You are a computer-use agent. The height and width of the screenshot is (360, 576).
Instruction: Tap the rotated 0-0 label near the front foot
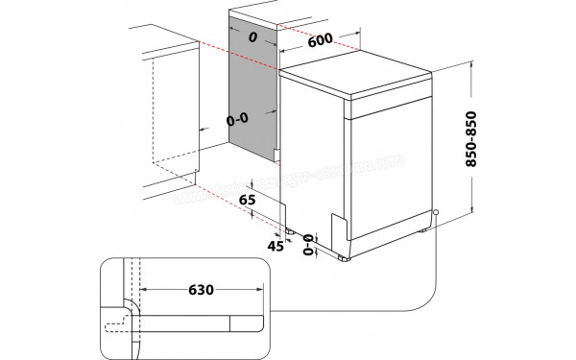click(310, 246)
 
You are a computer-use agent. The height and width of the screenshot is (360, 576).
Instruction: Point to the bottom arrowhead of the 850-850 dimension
click(473, 214)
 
